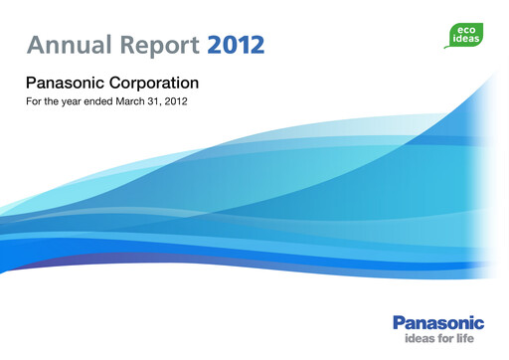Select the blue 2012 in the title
[x=237, y=44]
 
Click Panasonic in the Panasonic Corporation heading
[x=66, y=82]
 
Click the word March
[x=141, y=102]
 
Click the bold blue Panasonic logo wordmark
[x=438, y=322]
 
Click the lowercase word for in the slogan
[x=443, y=338]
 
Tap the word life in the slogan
[x=470, y=338]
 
